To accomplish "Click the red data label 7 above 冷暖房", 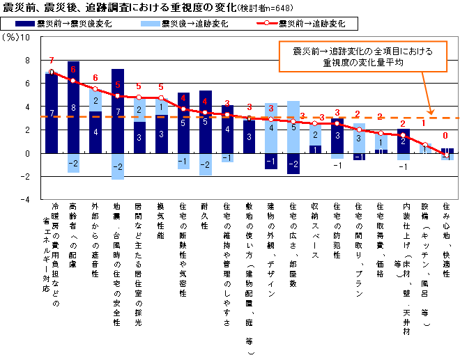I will point(52,61).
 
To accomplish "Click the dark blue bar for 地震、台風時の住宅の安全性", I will point(118,111).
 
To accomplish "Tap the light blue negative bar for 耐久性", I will point(206,164).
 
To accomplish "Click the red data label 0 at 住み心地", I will point(447,136).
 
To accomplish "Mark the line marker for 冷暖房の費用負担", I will point(52,72).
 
